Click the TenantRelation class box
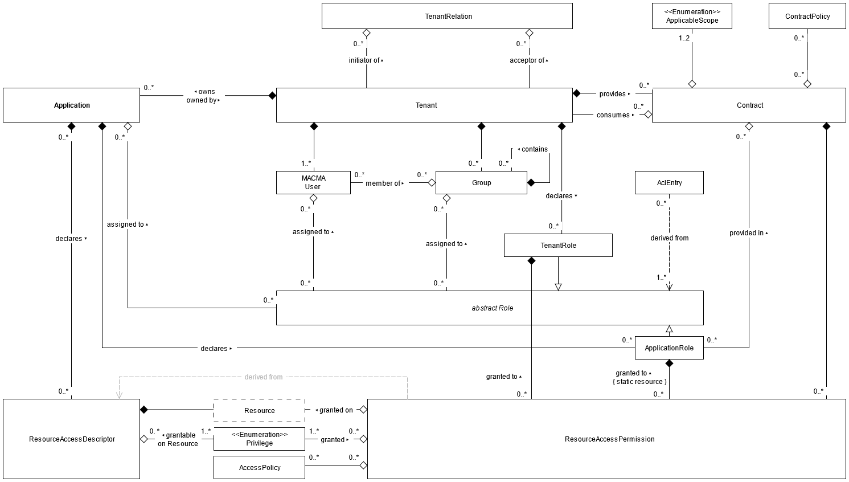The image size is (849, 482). point(447,16)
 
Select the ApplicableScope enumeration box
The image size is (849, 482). point(692,16)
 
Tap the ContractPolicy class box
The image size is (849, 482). point(807,16)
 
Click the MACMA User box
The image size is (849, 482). point(313,182)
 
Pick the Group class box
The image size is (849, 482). point(481,182)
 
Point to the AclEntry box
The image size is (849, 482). point(669,182)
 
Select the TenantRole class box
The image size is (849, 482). point(558,245)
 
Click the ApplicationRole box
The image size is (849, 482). point(669,348)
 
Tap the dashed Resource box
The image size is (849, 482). point(259,410)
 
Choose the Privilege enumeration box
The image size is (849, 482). point(259,439)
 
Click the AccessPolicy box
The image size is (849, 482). point(259,467)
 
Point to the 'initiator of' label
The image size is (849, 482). point(364,60)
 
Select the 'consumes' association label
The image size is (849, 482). point(613,115)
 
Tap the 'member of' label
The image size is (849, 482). point(383,183)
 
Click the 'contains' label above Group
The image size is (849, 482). point(534,149)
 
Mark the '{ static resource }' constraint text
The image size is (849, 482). point(639,382)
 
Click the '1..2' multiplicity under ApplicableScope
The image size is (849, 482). point(684,38)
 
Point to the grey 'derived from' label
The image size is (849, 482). point(263,377)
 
